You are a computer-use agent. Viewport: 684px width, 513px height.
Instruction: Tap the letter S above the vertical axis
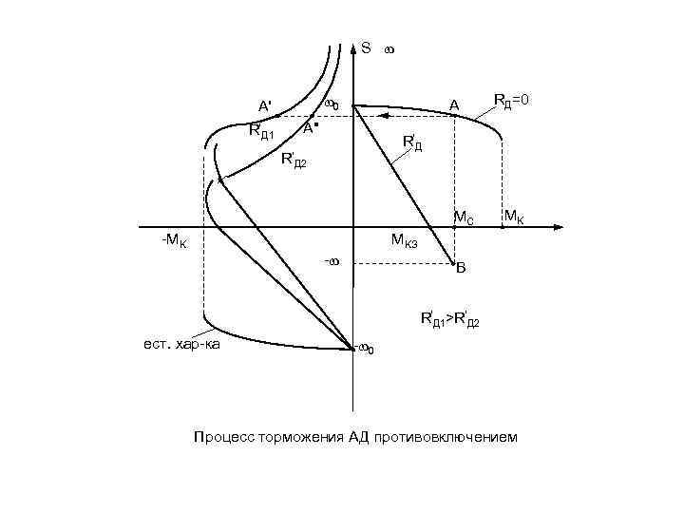[366, 47]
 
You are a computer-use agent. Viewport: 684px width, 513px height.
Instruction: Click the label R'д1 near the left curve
[261, 132]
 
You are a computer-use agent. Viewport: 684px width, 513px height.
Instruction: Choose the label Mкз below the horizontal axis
[411, 243]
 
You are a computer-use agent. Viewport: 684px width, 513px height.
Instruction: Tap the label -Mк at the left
[174, 242]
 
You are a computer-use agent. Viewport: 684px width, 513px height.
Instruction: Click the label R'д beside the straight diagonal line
[412, 143]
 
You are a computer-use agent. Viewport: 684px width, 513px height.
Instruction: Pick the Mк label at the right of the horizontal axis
[513, 218]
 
